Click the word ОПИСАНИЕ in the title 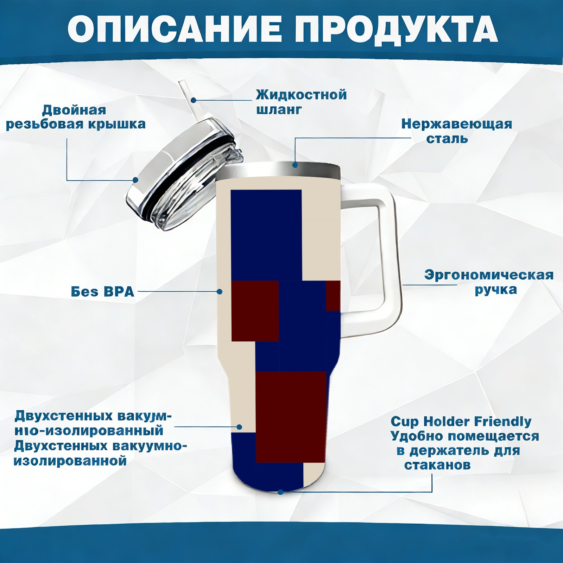pyautogui.click(x=175, y=29)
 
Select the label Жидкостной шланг pyautogui.click(x=301, y=102)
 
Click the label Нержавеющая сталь pyautogui.click(x=457, y=131)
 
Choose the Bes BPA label pyautogui.click(x=102, y=291)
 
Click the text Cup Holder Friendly pyautogui.click(x=461, y=421)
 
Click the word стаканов pyautogui.click(x=437, y=465)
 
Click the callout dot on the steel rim pyautogui.click(x=295, y=165)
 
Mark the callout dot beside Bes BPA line pyautogui.click(x=220, y=292)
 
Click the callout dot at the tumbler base pyautogui.click(x=280, y=492)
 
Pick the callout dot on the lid pyautogui.click(x=135, y=180)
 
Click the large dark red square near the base pyautogui.click(x=291, y=417)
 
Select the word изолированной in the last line pyautogui.click(x=70, y=461)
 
